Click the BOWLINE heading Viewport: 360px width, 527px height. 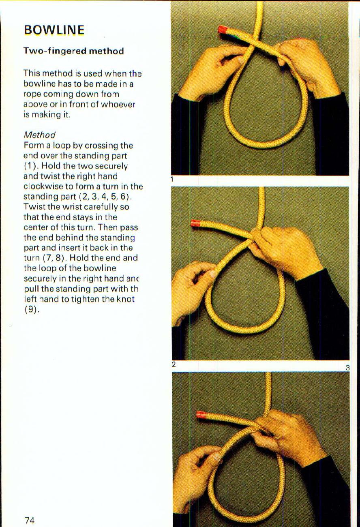click(54, 30)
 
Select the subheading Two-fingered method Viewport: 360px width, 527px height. click(73, 51)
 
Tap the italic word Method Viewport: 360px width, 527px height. click(39, 135)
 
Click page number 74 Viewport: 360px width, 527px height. click(29, 521)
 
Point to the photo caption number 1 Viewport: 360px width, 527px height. click(172, 180)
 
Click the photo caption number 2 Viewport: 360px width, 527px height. click(174, 364)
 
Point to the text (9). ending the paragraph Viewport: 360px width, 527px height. click(30, 309)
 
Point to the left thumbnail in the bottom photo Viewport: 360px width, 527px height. click(216, 457)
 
